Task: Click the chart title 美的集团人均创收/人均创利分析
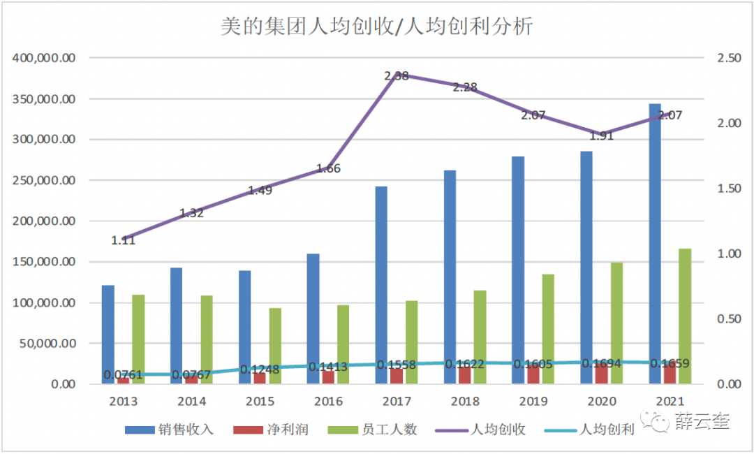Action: pyautogui.click(x=377, y=27)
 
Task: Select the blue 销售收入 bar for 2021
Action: pyautogui.click(x=655, y=244)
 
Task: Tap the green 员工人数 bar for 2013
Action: pyautogui.click(x=138, y=339)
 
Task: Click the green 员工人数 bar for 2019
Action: pyautogui.click(x=548, y=328)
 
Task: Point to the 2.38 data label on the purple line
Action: pyautogui.click(x=397, y=75)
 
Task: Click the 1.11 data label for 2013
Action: pyautogui.click(x=123, y=240)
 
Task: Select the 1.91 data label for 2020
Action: pyautogui.click(x=601, y=136)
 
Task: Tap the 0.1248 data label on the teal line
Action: pyautogui.click(x=260, y=369)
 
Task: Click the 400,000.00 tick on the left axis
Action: pyautogui.click(x=44, y=58)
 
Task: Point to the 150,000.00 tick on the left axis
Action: pyautogui.click(x=44, y=262)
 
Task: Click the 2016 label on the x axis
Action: pyautogui.click(x=328, y=402)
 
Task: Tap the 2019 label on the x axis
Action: pyautogui.click(x=533, y=402)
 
